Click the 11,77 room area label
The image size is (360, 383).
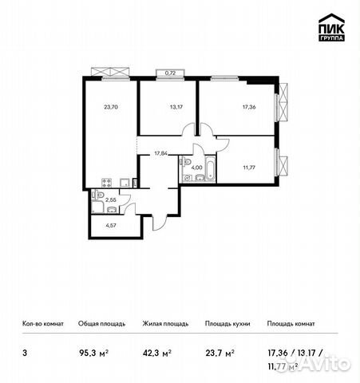point(250,168)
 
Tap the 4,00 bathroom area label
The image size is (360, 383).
point(196,168)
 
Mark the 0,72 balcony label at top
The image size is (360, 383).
point(169,73)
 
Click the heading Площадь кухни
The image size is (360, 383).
point(227,324)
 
